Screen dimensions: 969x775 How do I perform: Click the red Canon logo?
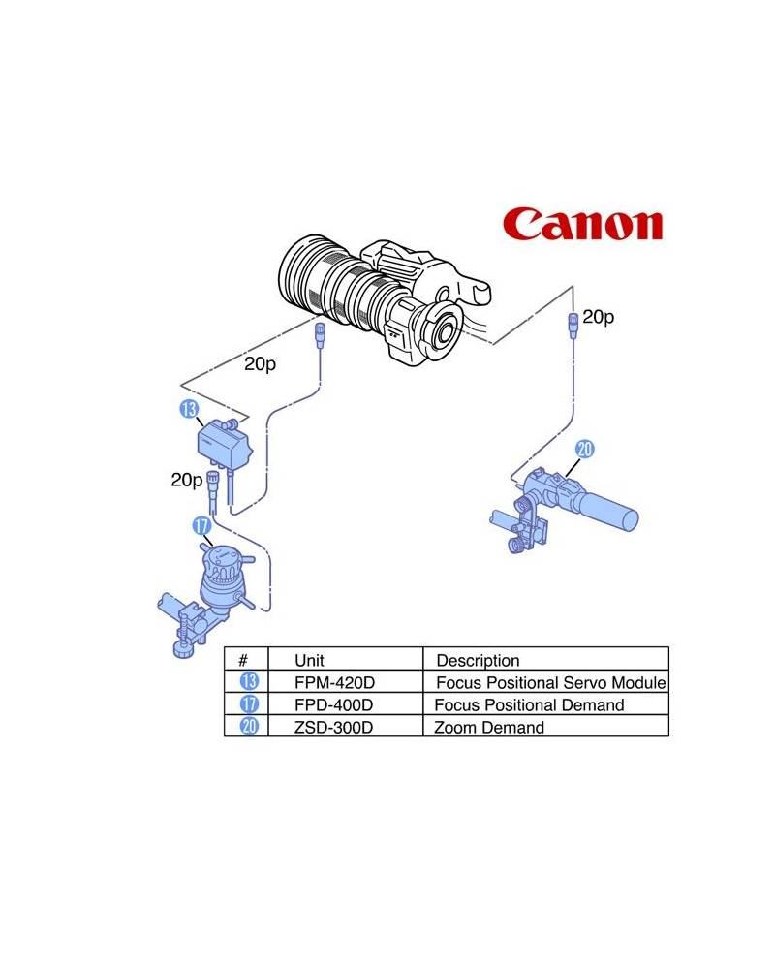point(583,224)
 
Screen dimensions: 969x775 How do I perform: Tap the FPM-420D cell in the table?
point(333,682)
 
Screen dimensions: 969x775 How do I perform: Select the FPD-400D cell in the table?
point(333,704)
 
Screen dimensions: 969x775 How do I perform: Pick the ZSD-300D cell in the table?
point(333,727)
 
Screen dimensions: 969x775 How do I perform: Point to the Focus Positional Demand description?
point(529,704)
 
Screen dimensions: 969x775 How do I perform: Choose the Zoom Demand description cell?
point(490,727)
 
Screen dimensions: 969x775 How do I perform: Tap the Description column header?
point(478,660)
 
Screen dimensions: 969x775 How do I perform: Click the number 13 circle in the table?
point(248,682)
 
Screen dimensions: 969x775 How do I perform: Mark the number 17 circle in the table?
point(248,704)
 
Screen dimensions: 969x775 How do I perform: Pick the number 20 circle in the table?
point(248,727)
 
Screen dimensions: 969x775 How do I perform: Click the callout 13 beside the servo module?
point(188,409)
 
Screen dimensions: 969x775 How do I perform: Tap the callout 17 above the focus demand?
point(201,526)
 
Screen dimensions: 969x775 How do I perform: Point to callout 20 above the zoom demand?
point(584,449)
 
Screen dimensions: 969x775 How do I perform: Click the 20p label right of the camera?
point(598,317)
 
